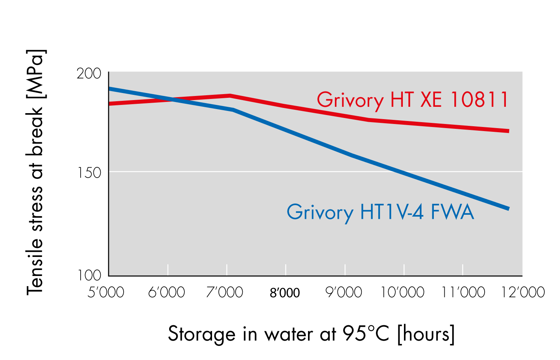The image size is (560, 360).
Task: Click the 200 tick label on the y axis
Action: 89,74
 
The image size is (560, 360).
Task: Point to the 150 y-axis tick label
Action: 89,173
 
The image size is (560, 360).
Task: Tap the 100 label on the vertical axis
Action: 89,275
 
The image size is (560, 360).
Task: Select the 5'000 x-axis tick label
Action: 106,292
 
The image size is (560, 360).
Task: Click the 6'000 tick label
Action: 167,292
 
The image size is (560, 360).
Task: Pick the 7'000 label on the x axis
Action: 225,292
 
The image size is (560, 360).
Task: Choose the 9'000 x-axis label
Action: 344,292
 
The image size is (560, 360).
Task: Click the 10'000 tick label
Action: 402,292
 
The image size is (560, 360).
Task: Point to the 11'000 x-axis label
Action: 463,292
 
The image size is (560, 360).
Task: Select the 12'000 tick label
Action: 523,292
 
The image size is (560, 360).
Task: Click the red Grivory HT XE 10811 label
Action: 413,100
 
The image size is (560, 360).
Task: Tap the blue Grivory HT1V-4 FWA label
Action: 380,212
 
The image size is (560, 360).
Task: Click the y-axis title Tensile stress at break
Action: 35,172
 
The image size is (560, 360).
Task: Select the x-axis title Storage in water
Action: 311,333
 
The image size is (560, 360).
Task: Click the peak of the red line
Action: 230,96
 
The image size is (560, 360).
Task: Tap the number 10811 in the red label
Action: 480,100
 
